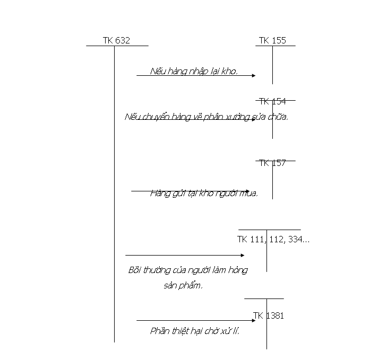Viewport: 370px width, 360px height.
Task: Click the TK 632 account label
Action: tap(116, 40)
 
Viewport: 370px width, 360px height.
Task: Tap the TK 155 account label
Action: tap(272, 40)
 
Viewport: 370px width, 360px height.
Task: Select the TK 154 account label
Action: tap(272, 101)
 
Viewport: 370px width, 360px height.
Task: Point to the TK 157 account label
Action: tap(272, 163)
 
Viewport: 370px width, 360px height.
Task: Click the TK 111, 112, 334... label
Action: tap(273, 240)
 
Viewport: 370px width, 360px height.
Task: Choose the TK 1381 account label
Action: tap(269, 315)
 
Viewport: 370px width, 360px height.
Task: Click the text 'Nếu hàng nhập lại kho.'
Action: tap(194, 71)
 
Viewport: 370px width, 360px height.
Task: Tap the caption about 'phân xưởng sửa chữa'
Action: tap(206, 116)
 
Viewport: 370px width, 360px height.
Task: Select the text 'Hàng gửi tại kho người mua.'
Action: tap(204, 193)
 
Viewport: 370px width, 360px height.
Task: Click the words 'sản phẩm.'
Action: tap(183, 285)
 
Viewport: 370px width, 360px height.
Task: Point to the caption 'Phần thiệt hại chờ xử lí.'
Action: tap(195, 331)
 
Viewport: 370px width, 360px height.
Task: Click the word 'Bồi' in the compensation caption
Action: tap(135, 270)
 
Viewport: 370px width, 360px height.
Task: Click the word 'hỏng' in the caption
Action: tap(238, 270)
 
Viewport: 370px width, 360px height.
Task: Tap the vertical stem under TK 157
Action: tap(273, 183)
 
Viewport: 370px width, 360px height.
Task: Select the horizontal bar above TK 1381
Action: tap(264, 298)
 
